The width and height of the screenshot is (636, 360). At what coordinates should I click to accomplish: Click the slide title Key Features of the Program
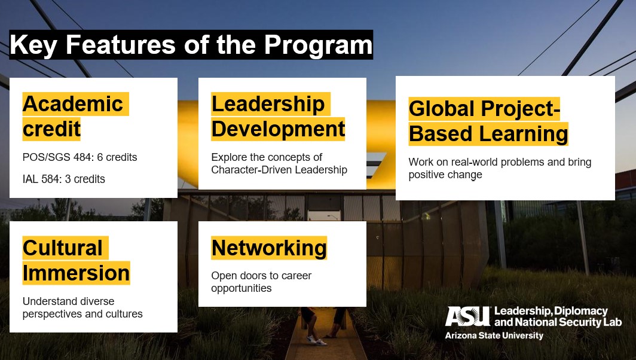coord(191,45)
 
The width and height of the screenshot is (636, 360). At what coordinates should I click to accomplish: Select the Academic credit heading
coord(73,117)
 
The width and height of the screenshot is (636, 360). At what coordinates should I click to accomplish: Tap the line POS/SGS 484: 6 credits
coord(80,157)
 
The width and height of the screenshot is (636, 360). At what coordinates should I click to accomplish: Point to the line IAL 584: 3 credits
coord(64,179)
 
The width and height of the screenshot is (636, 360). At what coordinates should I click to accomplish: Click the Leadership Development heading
coord(278,117)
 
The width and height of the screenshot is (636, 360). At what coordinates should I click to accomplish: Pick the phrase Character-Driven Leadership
coord(279,170)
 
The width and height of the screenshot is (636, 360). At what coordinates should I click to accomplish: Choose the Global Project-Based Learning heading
coord(488,121)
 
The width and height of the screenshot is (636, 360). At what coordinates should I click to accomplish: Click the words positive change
coord(445,175)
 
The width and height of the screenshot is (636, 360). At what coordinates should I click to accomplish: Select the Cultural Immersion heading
coord(77,261)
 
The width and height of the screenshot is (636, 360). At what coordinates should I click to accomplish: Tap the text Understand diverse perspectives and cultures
coord(82,307)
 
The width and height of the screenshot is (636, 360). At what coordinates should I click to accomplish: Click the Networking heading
coord(269,248)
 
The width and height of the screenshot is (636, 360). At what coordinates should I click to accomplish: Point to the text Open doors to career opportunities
coord(261,282)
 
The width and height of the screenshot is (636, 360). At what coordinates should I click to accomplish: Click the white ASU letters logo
coord(467,316)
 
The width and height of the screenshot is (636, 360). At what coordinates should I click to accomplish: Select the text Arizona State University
coord(494,335)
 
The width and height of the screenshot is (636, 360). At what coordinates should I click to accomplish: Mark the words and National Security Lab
coord(558,323)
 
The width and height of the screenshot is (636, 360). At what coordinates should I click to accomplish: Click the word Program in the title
coord(318,45)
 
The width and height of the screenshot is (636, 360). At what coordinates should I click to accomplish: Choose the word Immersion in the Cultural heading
coord(77,273)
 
